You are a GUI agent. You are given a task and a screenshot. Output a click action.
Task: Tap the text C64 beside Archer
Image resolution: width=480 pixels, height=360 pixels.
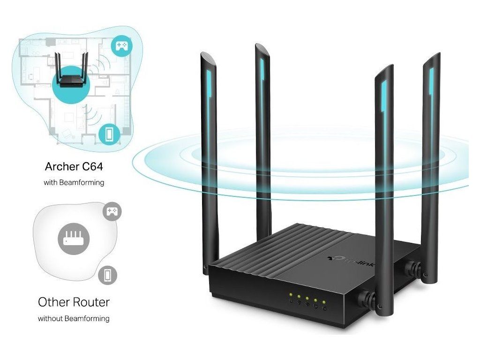coord(90,166)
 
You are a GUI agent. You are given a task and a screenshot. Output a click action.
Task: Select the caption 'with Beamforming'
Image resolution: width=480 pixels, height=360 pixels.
coord(74,182)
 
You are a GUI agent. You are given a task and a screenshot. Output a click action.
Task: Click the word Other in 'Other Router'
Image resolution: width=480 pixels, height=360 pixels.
coord(53,301)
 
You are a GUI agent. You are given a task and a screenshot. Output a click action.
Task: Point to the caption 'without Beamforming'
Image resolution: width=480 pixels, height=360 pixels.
coord(74,319)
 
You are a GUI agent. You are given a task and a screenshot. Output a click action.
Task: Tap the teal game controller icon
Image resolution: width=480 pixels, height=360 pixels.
coord(121,46)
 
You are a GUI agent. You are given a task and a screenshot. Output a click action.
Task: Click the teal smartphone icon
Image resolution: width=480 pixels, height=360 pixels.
coord(109,134)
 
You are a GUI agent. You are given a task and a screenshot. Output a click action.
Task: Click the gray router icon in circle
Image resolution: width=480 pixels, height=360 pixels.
coord(73,238)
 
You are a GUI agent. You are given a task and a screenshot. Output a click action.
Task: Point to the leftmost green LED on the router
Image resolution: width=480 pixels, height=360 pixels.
coord(291,295)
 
